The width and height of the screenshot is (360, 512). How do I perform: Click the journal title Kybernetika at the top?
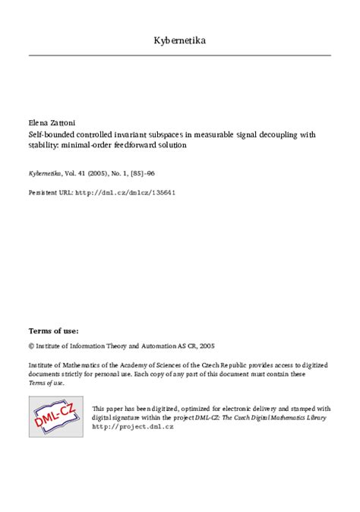[179, 40]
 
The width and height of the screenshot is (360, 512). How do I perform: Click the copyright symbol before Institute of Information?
[31, 344]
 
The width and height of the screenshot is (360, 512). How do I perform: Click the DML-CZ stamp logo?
[55, 416]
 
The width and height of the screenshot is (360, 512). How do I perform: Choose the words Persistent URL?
[50, 192]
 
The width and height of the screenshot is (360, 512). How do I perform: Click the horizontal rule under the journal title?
[179, 55]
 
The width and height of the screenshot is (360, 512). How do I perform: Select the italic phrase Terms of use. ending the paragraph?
[46, 383]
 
